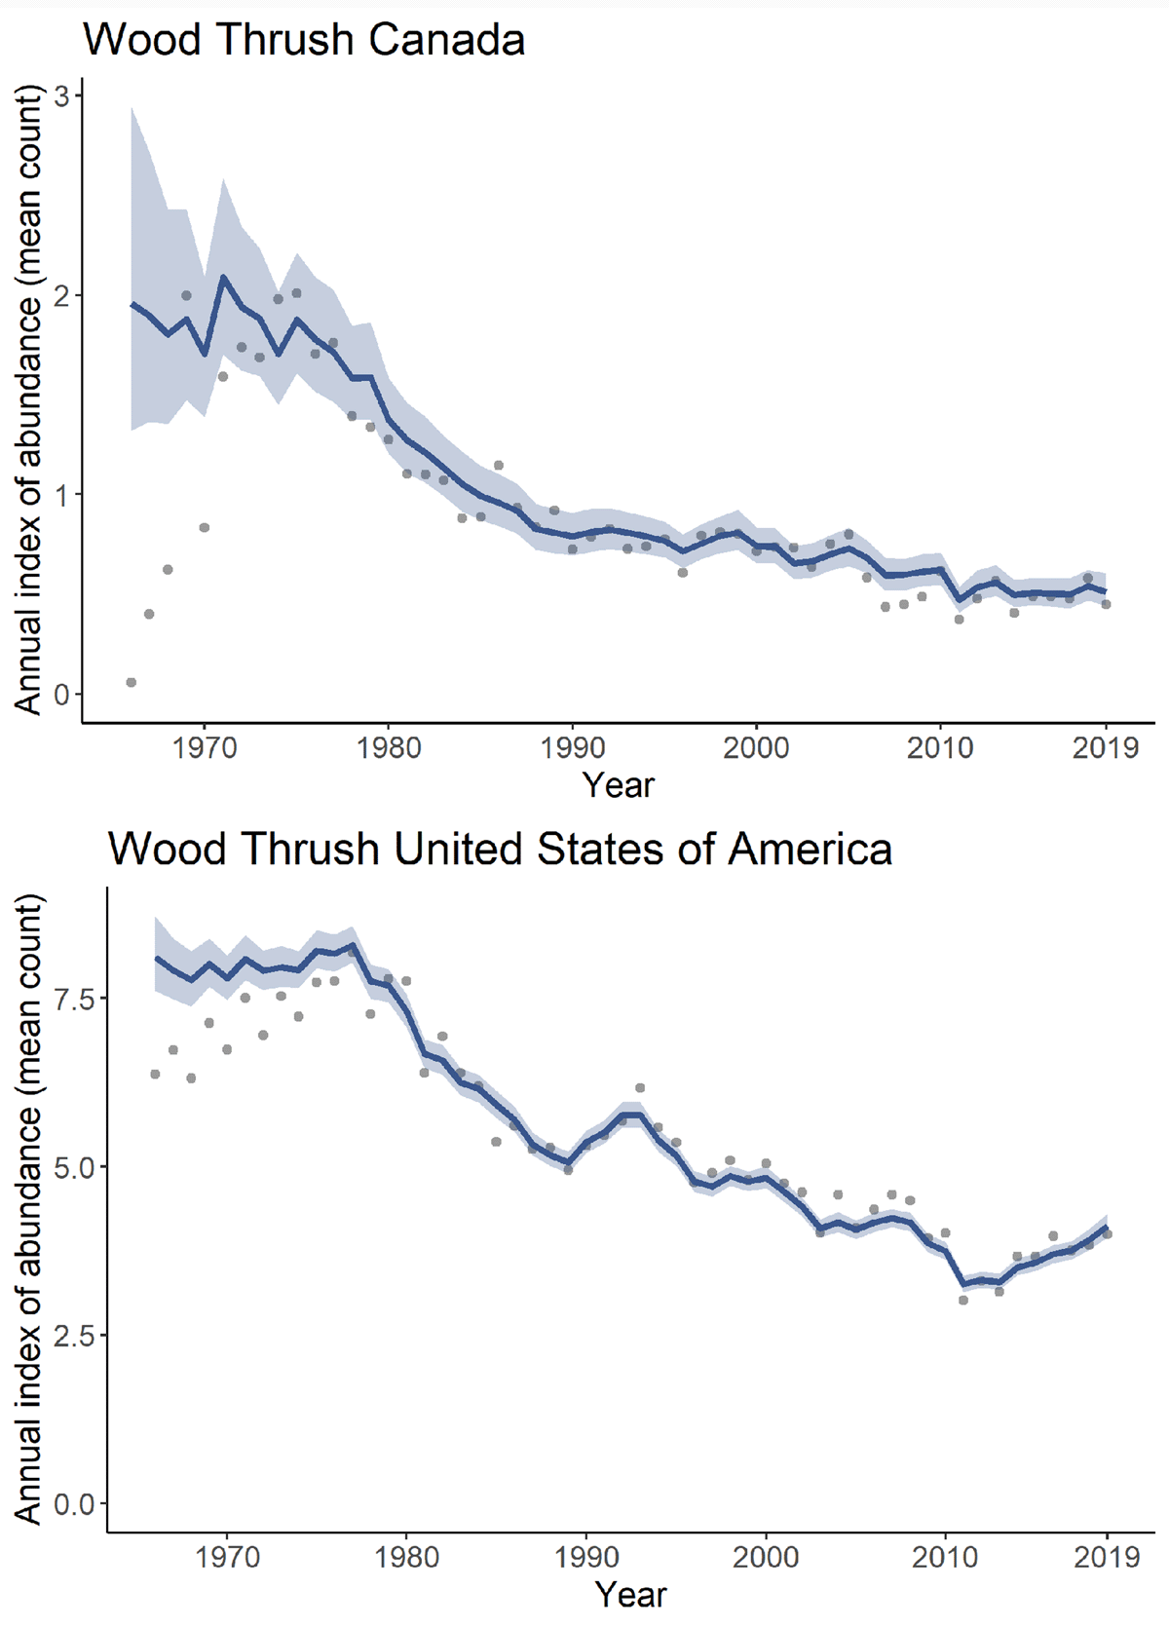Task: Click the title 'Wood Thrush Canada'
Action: point(304,41)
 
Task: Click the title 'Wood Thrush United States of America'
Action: point(500,849)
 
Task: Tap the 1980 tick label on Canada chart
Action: point(389,748)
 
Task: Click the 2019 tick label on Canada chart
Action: point(1105,748)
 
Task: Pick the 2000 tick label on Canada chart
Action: point(756,748)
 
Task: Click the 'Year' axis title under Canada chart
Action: point(619,785)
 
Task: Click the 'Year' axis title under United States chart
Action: point(631,1595)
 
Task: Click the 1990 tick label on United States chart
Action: point(585,1557)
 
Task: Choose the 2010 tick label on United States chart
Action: point(945,1557)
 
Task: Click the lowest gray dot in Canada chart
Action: point(132,683)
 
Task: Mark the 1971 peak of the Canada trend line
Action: point(223,278)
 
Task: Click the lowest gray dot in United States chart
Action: point(963,1300)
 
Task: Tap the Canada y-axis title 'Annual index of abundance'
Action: point(30,399)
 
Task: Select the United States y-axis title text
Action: point(30,1208)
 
